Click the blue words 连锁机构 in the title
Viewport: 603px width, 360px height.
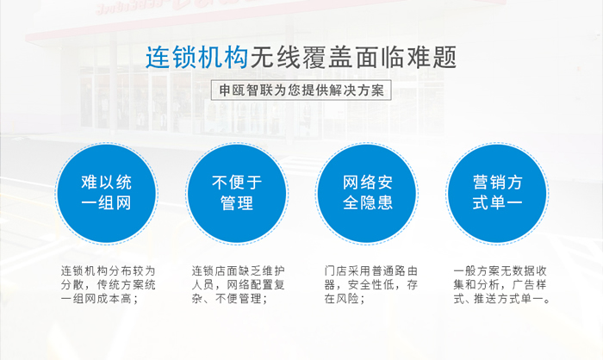pyautogui.click(x=196, y=58)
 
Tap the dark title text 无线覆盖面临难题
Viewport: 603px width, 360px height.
pyautogui.click(x=353, y=58)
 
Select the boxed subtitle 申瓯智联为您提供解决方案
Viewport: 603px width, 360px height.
pyautogui.click(x=301, y=90)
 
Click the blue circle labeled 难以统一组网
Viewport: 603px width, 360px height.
pyautogui.click(x=107, y=193)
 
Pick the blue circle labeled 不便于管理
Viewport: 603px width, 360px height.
pyautogui.click(x=237, y=193)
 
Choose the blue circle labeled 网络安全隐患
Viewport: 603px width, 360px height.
pyautogui.click(x=367, y=193)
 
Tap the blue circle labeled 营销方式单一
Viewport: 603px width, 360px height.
pyautogui.click(x=497, y=193)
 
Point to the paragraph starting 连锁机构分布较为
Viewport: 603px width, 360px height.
pyautogui.click(x=108, y=284)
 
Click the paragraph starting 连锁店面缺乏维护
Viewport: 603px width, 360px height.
pyautogui.click(x=239, y=284)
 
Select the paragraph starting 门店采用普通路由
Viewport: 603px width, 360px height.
pyautogui.click(x=370, y=284)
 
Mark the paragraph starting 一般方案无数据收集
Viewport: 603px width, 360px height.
pyautogui.click(x=502, y=284)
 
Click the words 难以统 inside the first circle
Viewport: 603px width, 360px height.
pyautogui.click(x=107, y=183)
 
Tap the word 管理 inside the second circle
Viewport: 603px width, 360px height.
pyautogui.click(x=237, y=203)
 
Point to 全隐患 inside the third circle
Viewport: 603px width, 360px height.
pyautogui.click(x=368, y=202)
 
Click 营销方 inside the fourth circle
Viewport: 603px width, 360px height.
pyautogui.click(x=498, y=182)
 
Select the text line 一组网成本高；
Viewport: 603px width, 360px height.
pyautogui.click(x=99, y=299)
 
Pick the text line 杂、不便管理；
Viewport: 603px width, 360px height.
pyautogui.click(x=230, y=299)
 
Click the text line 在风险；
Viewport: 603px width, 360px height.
pyautogui.click(x=345, y=299)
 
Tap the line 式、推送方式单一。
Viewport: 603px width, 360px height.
pyautogui.click(x=502, y=299)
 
